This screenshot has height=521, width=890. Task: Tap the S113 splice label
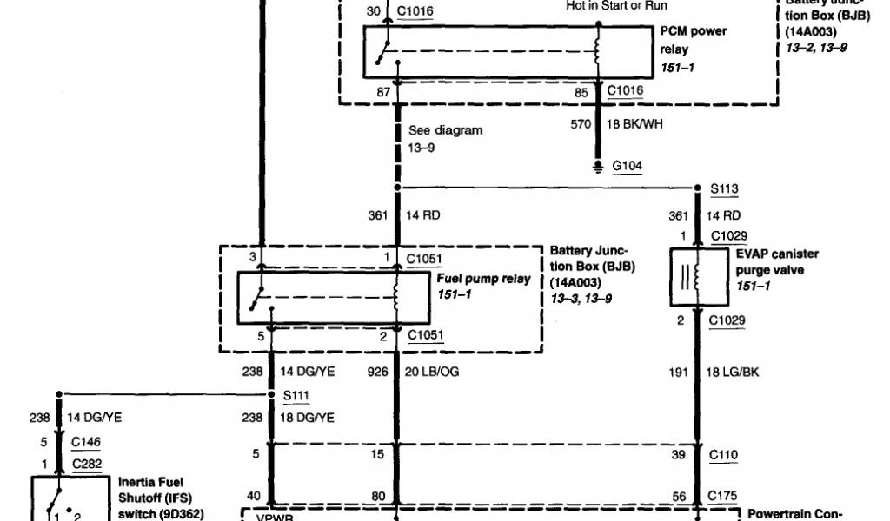click(x=724, y=188)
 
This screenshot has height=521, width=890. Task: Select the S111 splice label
click(x=296, y=394)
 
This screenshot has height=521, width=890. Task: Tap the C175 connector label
click(x=724, y=496)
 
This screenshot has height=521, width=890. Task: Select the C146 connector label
click(x=85, y=441)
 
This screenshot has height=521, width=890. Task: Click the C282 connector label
click(x=85, y=464)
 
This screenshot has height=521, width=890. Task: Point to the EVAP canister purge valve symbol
click(x=696, y=277)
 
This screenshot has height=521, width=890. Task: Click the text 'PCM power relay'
click(x=693, y=40)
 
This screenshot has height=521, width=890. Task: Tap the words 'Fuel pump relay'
click(x=482, y=280)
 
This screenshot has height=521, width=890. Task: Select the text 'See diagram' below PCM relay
click(x=445, y=130)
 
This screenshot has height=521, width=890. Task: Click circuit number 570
click(x=581, y=124)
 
